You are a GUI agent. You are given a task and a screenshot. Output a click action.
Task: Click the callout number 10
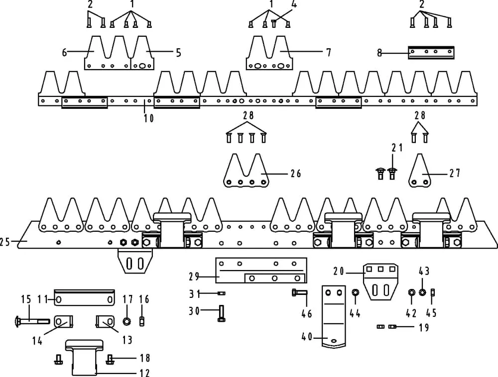coord(148,118)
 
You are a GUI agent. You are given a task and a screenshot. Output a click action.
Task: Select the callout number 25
coord(5,242)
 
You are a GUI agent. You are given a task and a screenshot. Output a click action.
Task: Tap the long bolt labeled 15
coord(32,321)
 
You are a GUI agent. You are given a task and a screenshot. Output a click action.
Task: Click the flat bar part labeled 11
coord(84,297)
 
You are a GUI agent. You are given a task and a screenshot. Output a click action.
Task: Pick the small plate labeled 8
coord(431,52)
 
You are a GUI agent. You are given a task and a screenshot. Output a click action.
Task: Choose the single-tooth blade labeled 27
coord(420,171)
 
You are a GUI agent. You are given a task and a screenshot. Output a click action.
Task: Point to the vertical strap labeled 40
coord(334,316)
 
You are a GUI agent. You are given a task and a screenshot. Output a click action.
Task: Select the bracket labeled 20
coord(380,281)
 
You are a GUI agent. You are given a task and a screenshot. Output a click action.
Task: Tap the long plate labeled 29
coord(261,270)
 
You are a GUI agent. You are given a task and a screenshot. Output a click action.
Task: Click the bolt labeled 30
coord(222,313)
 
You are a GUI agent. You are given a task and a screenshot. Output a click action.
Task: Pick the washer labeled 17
coord(126,321)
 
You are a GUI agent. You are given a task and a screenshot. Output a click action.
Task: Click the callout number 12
coord(145,373)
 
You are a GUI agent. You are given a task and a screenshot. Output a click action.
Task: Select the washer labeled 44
coord(356,292)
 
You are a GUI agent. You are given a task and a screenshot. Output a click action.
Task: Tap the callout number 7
coord(328,52)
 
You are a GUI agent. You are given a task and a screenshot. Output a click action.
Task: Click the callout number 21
coord(397,147)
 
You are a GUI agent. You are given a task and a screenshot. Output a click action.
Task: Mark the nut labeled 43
coord(422,292)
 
